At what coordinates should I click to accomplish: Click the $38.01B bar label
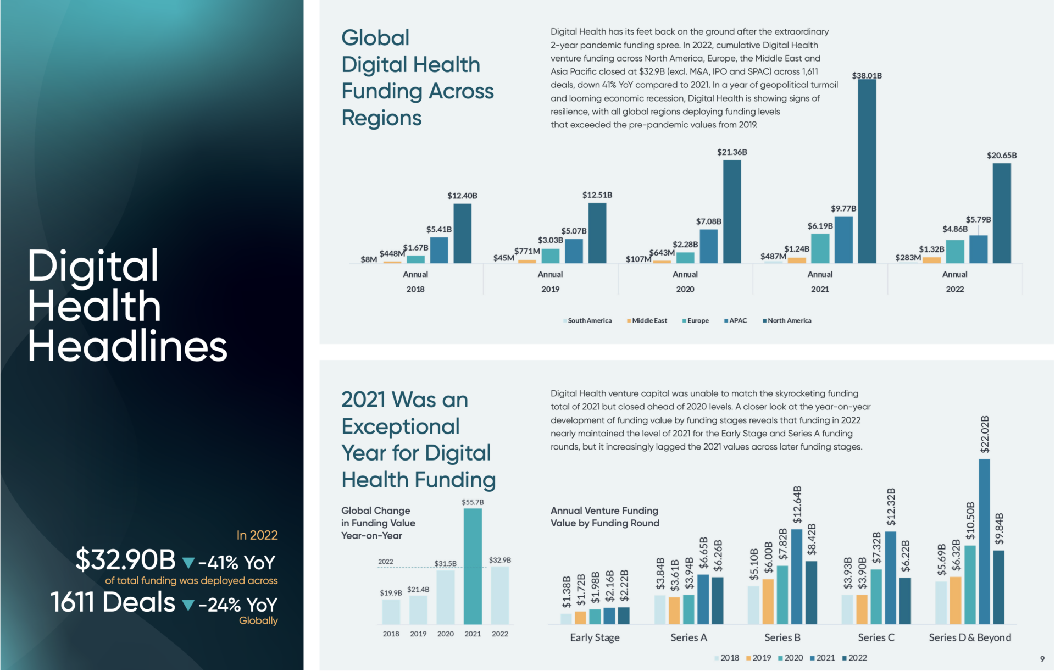coord(867,76)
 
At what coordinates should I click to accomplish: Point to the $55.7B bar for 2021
coord(473,566)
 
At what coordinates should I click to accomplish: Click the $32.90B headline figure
coord(125,560)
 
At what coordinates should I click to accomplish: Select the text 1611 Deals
coord(113,602)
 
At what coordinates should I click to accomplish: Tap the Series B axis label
coord(782,637)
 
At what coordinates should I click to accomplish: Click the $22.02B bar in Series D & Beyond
coord(984,541)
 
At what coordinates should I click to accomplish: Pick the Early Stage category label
coord(595,637)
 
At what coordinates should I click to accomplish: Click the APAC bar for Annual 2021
coord(843,240)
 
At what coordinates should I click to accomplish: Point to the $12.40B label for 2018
coord(462,196)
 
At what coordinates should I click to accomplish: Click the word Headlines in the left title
coord(127,346)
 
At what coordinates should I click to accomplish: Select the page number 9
coord(1042,659)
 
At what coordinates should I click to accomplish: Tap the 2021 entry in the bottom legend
coord(822,658)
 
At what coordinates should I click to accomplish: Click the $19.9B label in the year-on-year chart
coord(391,593)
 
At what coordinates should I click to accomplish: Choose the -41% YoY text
coord(237,563)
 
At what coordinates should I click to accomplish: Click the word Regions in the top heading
coord(381,118)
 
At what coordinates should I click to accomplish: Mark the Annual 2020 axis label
coord(685,281)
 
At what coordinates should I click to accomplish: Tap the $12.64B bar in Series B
coord(796,576)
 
